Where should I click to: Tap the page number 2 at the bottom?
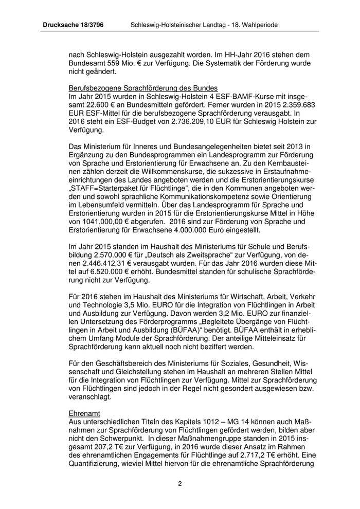pyautogui.click(x=180, y=483)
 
